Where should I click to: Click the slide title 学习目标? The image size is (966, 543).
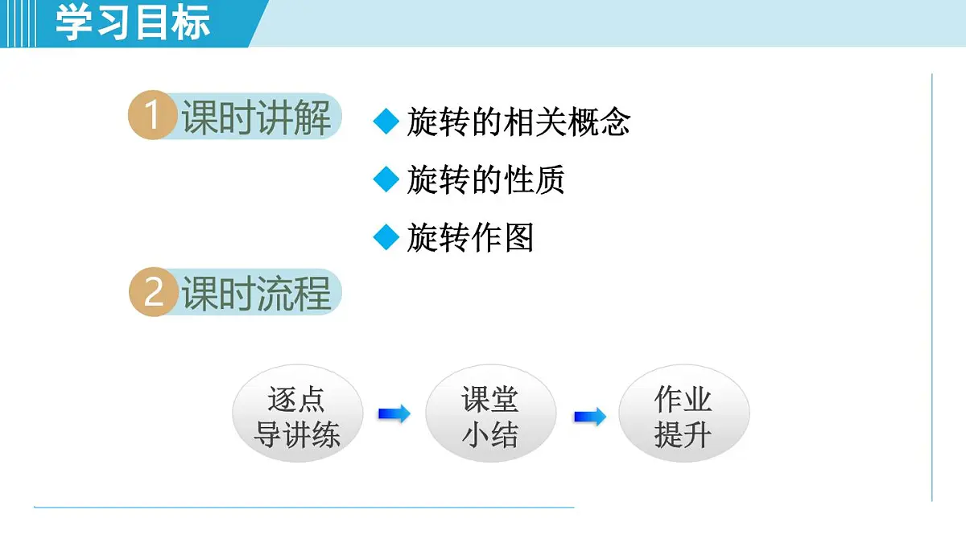point(133,23)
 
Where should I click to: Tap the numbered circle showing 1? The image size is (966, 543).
point(152,117)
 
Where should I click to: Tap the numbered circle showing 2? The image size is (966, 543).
point(152,292)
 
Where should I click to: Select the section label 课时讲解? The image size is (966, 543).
point(256,118)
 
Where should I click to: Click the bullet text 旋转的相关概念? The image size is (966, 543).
point(518,121)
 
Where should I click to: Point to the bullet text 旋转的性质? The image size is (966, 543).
point(485,179)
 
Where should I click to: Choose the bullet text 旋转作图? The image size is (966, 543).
point(470,237)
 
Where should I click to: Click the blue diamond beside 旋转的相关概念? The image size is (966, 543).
point(386,121)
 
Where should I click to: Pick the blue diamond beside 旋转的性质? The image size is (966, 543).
point(386,179)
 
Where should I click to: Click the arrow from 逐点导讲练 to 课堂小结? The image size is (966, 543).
point(394,414)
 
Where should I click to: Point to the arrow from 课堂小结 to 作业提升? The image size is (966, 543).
point(589,417)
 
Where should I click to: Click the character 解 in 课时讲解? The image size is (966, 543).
point(312,118)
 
